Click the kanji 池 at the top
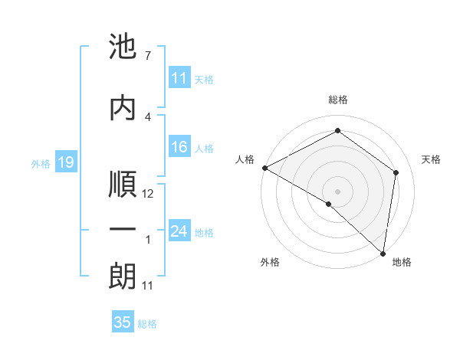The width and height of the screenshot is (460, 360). click(x=123, y=48)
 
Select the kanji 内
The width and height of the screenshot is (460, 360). click(x=123, y=108)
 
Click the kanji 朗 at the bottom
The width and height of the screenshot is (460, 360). click(x=123, y=277)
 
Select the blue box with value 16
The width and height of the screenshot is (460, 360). click(x=179, y=148)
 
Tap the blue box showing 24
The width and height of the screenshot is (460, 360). click(x=179, y=231)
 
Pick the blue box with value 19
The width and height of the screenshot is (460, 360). click(x=65, y=162)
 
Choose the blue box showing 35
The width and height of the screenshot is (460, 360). click(x=123, y=322)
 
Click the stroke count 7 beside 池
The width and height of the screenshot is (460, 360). click(x=147, y=56)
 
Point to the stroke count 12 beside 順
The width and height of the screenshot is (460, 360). click(x=149, y=194)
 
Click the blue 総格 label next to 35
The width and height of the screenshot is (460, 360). click(x=147, y=324)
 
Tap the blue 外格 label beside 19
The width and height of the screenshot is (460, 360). click(x=40, y=163)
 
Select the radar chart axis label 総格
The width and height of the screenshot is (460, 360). click(x=337, y=100)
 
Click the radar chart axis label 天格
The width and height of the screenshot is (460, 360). click(x=431, y=159)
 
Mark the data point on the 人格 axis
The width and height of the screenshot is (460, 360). click(x=264, y=167)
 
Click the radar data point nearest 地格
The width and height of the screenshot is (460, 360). click(x=383, y=253)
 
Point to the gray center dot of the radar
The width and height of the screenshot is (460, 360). click(x=337, y=191)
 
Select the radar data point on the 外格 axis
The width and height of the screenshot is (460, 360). click(x=329, y=204)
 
